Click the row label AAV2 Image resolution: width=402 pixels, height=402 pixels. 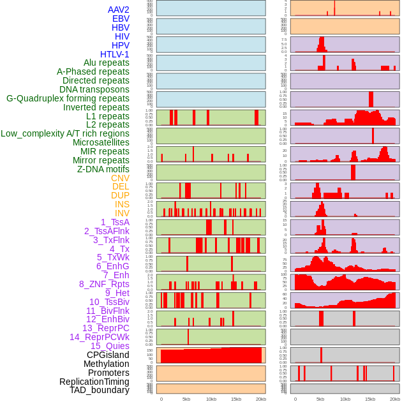(x=118, y=10)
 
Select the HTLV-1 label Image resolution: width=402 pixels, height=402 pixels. (x=114, y=54)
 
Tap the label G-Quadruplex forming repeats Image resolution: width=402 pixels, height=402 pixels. (x=68, y=98)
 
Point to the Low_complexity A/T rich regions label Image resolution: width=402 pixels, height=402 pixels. (x=65, y=133)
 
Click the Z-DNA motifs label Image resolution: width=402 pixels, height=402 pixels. (x=103, y=169)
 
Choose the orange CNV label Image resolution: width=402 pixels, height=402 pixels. (x=120, y=178)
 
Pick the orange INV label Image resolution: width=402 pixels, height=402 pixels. (x=122, y=213)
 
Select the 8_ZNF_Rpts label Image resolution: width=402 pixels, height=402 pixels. (x=104, y=284)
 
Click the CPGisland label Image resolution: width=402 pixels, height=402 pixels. (x=108, y=355)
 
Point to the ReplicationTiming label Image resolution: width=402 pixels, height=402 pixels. (x=94, y=382)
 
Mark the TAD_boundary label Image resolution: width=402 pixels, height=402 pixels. (x=99, y=390)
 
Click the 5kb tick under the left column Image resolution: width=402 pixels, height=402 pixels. (x=186, y=399)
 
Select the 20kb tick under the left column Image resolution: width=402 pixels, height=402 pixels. (x=261, y=399)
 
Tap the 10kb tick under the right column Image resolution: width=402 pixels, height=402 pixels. (x=345, y=399)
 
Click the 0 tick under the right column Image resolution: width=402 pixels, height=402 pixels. (x=295, y=399)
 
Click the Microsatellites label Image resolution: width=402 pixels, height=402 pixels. (x=101, y=142)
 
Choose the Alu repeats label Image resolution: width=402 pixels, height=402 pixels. (x=106, y=63)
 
